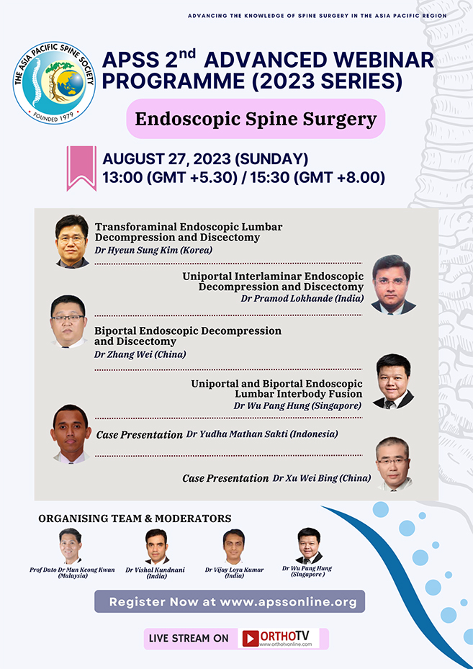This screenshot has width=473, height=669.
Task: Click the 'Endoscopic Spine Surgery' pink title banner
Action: pos(256,119)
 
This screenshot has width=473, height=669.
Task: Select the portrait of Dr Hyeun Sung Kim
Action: pos(72,241)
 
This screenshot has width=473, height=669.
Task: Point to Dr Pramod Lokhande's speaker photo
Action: pos(394,284)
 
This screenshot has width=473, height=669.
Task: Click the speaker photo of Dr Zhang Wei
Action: pos(70,320)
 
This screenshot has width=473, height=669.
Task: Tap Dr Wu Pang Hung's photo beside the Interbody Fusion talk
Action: pos(393,382)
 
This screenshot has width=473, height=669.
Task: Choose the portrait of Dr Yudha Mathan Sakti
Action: pos(71,434)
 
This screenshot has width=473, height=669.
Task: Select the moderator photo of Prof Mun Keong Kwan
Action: pos(71,547)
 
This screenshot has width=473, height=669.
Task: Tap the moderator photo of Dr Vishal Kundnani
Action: pos(157,547)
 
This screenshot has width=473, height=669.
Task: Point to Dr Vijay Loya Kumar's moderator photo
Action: pos(234,547)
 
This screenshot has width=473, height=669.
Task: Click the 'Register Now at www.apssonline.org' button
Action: pos(230,601)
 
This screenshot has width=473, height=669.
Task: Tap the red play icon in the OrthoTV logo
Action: pos(251,639)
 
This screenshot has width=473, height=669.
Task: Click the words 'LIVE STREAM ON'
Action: pos(189,639)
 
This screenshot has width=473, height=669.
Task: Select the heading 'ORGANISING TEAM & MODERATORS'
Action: pos(135,518)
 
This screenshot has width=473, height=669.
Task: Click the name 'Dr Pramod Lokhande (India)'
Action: pos(302,298)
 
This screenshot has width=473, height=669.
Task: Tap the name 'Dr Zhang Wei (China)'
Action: pos(140,354)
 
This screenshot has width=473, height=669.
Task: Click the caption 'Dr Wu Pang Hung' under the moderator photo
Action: pos(307,569)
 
